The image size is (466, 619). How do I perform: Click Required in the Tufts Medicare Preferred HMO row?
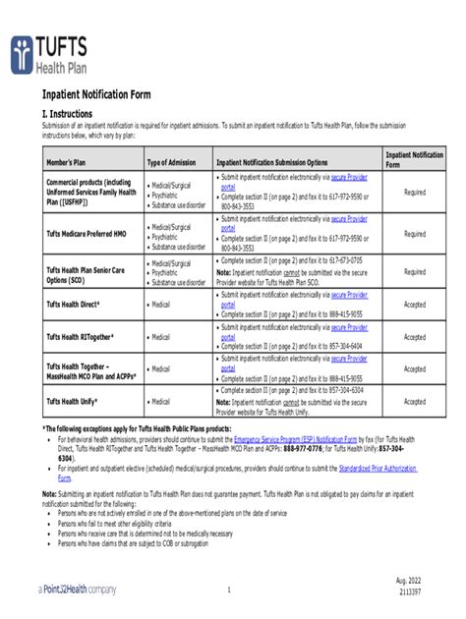coord(414,234)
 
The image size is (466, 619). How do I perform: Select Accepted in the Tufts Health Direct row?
coord(414,305)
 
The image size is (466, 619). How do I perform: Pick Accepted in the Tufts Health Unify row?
coord(414,401)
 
